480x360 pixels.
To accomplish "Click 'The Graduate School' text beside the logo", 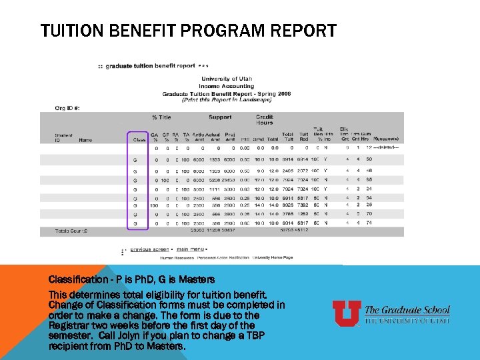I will click(x=407, y=310).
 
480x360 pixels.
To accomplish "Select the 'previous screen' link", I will click(x=149, y=249).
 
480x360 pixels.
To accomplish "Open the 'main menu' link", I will click(x=192, y=249).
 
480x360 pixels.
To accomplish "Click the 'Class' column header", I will click(x=139, y=139).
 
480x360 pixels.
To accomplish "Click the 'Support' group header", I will click(x=220, y=117).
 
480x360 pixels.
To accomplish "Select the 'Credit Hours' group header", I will click(x=264, y=120).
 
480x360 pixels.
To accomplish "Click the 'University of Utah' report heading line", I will click(x=227, y=79).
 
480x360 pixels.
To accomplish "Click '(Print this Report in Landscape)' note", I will click(x=226, y=99).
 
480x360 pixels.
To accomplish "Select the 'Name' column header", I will click(x=85, y=139).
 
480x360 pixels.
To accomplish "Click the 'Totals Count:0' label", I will click(x=73, y=231).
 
